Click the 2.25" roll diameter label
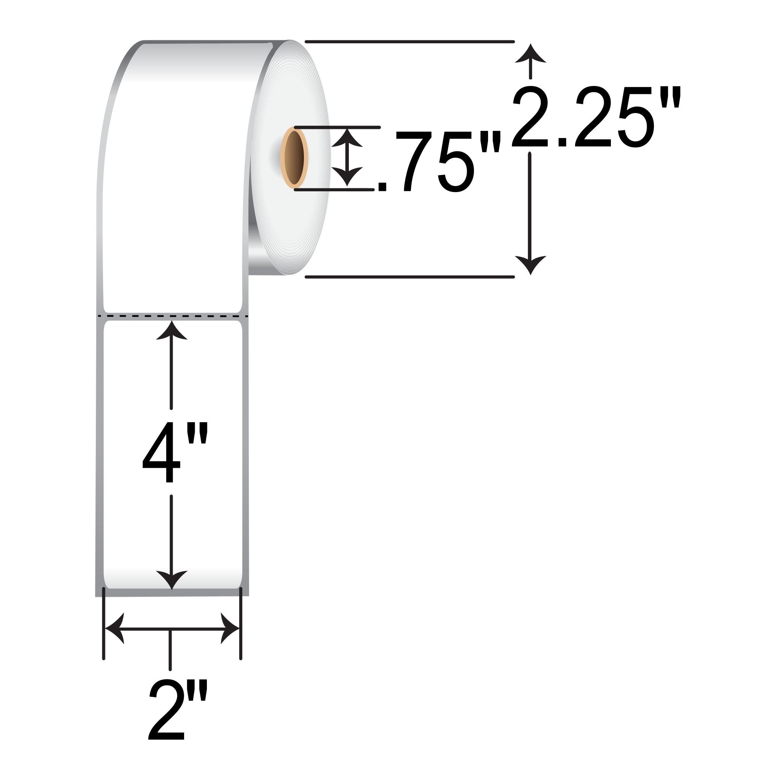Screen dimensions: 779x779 (596, 117)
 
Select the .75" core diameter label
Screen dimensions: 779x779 (439, 161)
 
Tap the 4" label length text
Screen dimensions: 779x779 (174, 452)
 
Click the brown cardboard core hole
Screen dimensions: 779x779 (294, 157)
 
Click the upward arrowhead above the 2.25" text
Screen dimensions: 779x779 (530, 54)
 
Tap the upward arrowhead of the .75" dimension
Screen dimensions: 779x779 (347, 138)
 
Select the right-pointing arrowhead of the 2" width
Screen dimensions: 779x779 (230, 628)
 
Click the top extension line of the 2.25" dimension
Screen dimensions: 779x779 (409, 41)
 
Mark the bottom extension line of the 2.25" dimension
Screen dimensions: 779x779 (409, 277)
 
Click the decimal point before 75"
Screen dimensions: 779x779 (382, 187)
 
